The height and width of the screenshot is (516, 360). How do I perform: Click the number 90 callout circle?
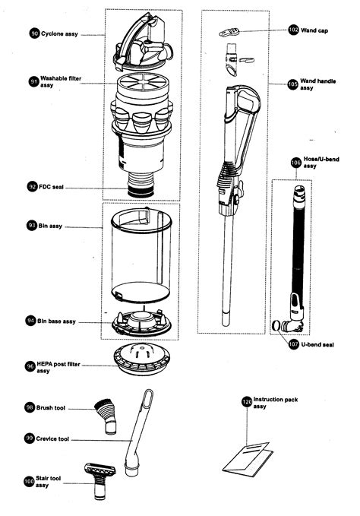click(x=34, y=34)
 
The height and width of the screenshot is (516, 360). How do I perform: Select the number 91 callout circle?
click(x=34, y=81)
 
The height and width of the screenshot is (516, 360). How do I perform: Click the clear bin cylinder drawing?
click(x=141, y=255)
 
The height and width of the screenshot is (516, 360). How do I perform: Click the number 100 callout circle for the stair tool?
click(x=29, y=480)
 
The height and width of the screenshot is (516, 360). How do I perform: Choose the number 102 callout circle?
click(x=294, y=30)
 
